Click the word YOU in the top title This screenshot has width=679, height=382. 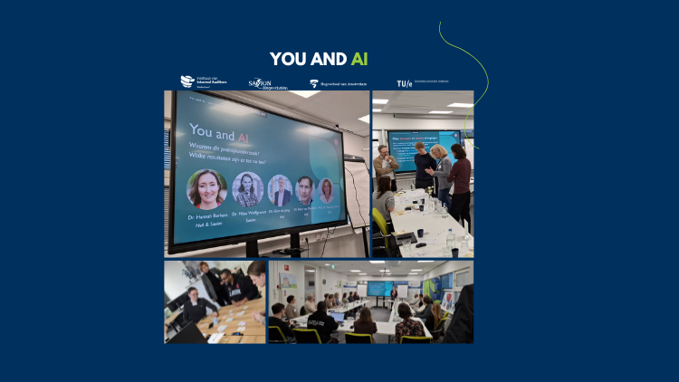(x=289, y=59)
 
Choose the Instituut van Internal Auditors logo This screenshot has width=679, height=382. (x=200, y=82)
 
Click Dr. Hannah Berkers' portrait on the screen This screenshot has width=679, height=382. (x=206, y=189)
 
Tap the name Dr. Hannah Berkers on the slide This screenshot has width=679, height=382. (x=208, y=218)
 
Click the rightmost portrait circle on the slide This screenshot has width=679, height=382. (x=325, y=190)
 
